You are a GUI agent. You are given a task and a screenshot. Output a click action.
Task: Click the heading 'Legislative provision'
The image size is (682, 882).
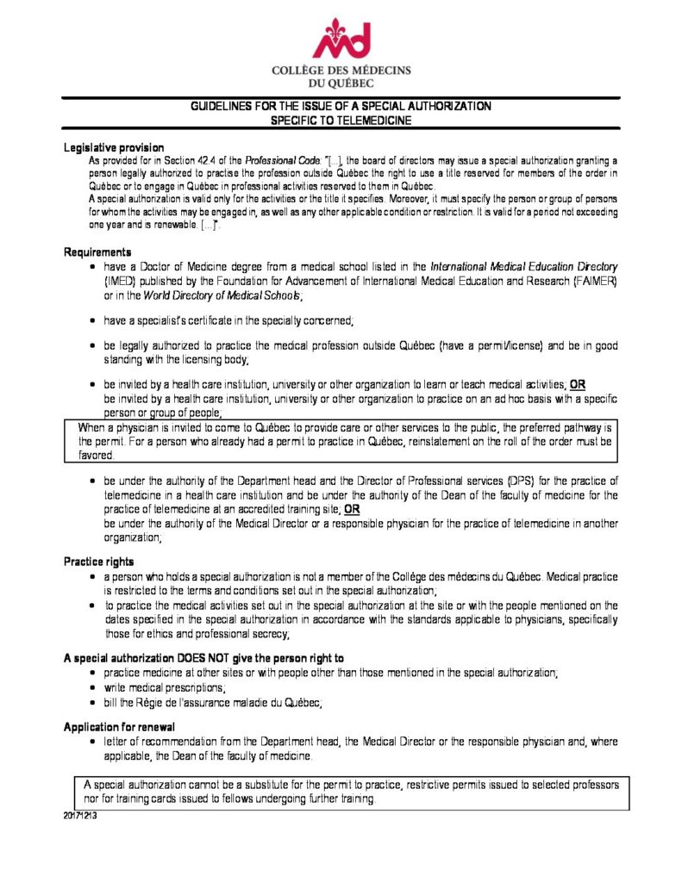point(114,148)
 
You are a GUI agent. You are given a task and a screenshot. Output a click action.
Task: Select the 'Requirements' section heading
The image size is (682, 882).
point(97,252)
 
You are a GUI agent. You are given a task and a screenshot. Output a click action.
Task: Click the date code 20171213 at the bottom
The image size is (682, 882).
point(79,815)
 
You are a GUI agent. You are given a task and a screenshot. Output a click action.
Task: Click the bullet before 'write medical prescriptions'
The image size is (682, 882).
point(92,688)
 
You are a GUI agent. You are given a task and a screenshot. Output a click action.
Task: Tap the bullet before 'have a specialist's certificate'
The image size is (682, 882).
point(92,320)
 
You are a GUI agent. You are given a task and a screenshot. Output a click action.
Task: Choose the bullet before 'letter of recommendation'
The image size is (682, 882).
point(92,742)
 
